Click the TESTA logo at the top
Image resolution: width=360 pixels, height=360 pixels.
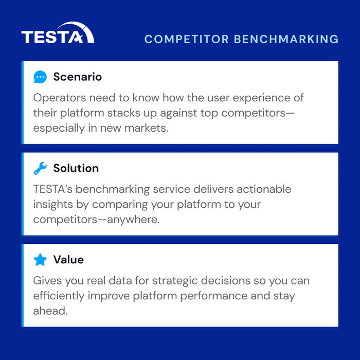click(x=58, y=33)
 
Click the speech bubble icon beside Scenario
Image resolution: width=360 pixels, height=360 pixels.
click(x=40, y=77)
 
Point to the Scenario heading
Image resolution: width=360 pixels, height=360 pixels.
click(x=78, y=77)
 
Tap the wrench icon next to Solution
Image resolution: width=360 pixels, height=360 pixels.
click(x=40, y=168)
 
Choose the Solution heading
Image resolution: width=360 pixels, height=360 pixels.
click(x=76, y=168)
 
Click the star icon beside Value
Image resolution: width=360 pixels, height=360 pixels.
click(x=40, y=260)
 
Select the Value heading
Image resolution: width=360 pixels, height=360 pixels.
click(x=68, y=260)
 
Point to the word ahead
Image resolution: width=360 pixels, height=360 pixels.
click(x=50, y=311)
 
